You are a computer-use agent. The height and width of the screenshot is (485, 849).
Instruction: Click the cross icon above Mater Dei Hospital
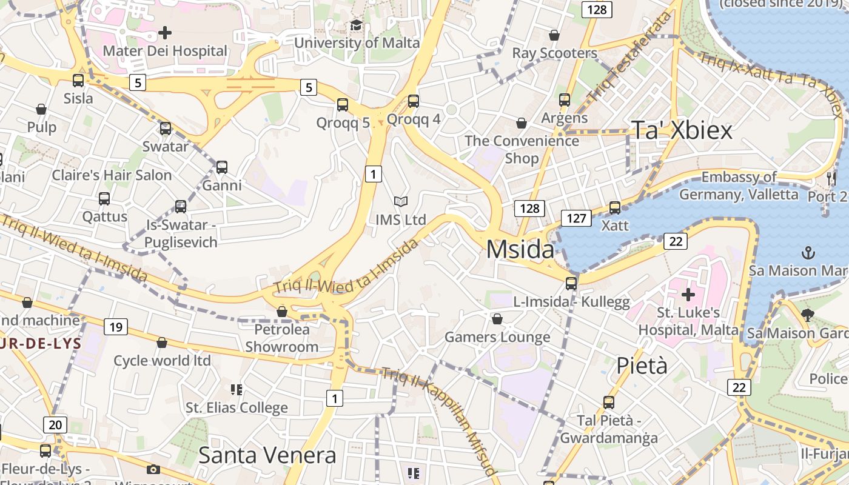164,32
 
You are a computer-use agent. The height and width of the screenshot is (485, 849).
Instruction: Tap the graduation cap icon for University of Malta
356,25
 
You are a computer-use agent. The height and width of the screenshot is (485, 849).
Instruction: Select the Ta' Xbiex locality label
682,130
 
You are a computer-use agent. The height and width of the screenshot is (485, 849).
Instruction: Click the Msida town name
520,249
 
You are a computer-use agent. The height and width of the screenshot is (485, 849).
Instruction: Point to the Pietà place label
642,366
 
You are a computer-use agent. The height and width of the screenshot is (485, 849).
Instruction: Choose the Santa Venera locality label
267,455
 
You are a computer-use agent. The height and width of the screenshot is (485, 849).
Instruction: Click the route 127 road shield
576,218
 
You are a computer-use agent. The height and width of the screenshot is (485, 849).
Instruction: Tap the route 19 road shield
115,327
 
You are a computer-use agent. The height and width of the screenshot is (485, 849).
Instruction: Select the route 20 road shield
55,424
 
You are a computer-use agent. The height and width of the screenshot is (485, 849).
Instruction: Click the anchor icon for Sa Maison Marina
808,252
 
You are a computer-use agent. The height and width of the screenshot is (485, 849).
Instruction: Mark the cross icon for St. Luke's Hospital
688,295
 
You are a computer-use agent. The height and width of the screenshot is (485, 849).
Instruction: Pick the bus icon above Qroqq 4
414,101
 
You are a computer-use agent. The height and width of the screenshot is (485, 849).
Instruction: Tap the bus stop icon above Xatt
615,208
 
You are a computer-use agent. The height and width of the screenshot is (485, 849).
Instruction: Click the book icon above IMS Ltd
400,201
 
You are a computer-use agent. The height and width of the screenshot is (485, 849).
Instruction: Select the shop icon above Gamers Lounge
497,319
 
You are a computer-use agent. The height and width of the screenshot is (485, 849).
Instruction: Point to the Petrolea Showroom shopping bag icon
281,312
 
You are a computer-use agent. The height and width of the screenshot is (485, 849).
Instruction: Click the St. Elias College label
237,407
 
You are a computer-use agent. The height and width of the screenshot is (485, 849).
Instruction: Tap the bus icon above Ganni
222,167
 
